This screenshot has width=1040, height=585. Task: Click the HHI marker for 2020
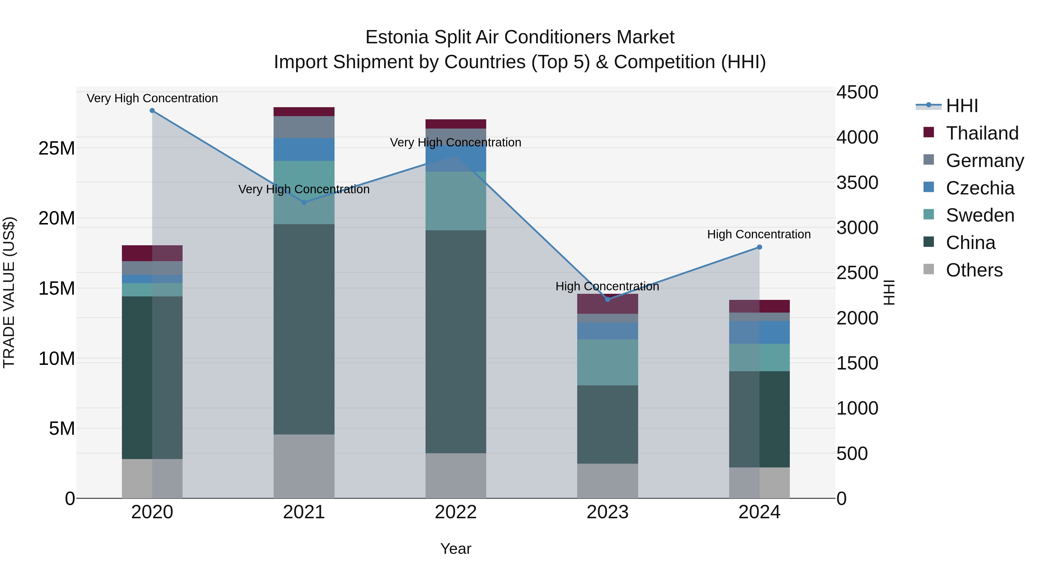(x=152, y=111)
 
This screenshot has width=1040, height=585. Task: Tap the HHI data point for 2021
(x=304, y=202)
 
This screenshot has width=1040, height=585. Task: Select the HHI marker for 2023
(x=608, y=299)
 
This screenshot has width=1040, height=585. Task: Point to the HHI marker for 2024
(x=759, y=247)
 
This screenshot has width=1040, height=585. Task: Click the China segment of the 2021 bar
(x=304, y=329)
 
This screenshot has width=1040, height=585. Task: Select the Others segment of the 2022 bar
(x=456, y=476)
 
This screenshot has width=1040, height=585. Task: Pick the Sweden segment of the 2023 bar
(x=608, y=362)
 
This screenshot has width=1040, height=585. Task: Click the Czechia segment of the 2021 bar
(x=304, y=149)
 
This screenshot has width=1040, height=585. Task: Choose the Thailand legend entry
(x=982, y=133)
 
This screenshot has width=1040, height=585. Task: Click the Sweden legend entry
(x=980, y=215)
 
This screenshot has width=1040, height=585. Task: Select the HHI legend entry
(x=962, y=106)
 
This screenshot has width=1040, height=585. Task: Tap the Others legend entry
(x=974, y=270)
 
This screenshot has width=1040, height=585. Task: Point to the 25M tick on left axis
(x=57, y=148)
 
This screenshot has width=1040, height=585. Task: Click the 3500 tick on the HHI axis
(x=857, y=183)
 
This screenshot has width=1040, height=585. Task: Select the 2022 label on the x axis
(x=456, y=512)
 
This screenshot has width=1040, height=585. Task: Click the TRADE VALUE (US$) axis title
(x=9, y=292)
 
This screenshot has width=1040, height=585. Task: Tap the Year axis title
(x=456, y=549)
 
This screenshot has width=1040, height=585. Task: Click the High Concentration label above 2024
(x=759, y=234)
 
